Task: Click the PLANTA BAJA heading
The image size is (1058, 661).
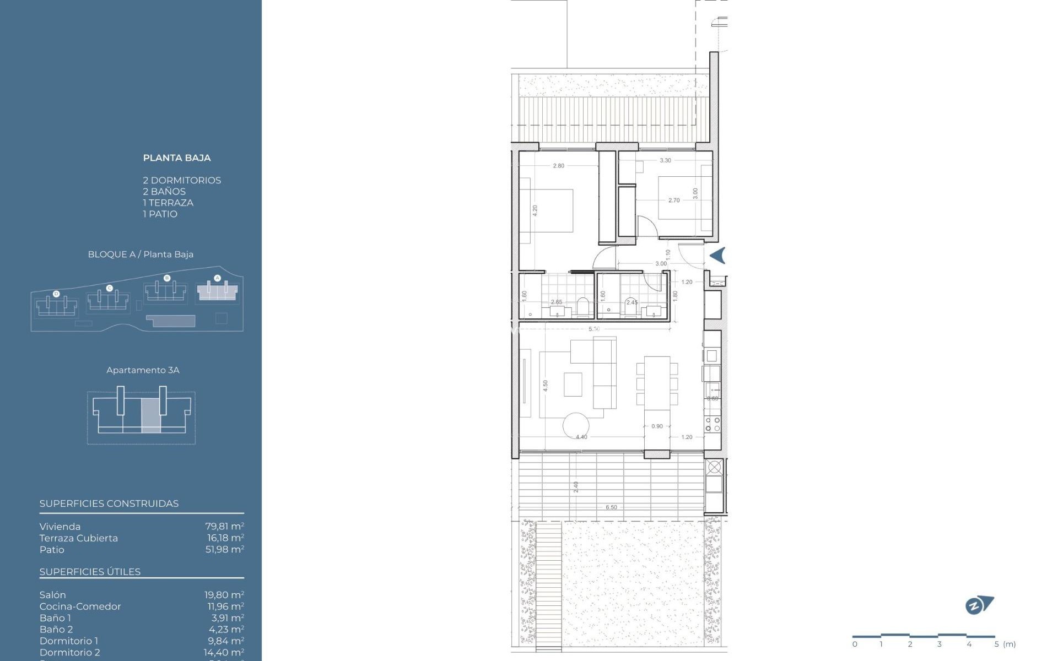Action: [177, 158]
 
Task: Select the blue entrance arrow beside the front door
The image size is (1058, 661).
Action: [717, 256]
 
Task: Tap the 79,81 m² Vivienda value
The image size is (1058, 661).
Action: [224, 527]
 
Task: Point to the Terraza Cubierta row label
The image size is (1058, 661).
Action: [79, 538]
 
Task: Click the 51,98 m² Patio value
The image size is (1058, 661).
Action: [224, 550]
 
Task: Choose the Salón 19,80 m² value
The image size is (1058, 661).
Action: [224, 595]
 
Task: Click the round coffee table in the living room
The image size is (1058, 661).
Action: [576, 425]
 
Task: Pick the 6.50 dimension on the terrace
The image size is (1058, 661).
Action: [611, 507]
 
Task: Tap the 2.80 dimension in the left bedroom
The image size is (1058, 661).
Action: [558, 166]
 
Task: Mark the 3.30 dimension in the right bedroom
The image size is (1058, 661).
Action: [665, 160]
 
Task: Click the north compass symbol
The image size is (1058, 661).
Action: [979, 605]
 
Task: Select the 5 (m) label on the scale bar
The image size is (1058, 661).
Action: [1005, 644]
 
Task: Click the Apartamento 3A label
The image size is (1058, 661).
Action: [143, 370]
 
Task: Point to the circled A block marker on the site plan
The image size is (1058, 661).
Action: [217, 278]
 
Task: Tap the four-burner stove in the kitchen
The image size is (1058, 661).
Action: [712, 424]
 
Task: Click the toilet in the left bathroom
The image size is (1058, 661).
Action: [583, 308]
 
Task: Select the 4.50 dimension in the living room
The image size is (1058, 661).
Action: [546, 386]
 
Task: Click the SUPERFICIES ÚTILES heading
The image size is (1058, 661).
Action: [90, 572]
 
